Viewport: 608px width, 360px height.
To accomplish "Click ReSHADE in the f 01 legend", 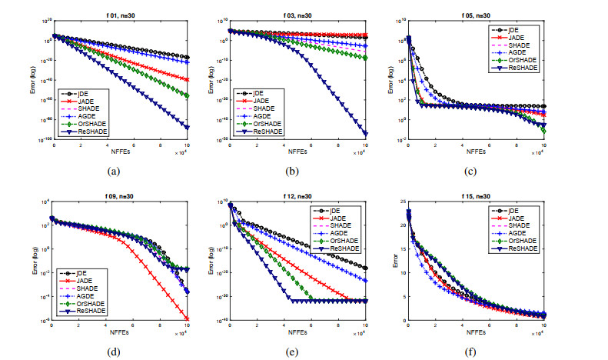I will pos(93,132).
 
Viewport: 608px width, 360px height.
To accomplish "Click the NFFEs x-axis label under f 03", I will pos(297,154).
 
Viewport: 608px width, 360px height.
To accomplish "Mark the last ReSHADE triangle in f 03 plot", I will pos(365,135).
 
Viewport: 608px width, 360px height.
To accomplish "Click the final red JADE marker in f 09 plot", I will pos(188,318).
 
